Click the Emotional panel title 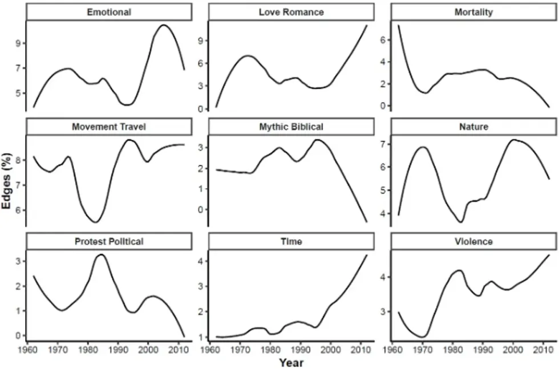[108, 11]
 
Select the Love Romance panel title [291, 11]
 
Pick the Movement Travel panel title [108, 127]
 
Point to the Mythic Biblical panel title [291, 127]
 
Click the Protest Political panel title [108, 241]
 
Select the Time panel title [291, 241]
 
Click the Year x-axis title [291, 362]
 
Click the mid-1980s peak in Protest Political [101, 254]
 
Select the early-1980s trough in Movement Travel [95, 222]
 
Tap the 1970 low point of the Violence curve [422, 337]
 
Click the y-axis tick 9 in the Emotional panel [18, 43]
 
